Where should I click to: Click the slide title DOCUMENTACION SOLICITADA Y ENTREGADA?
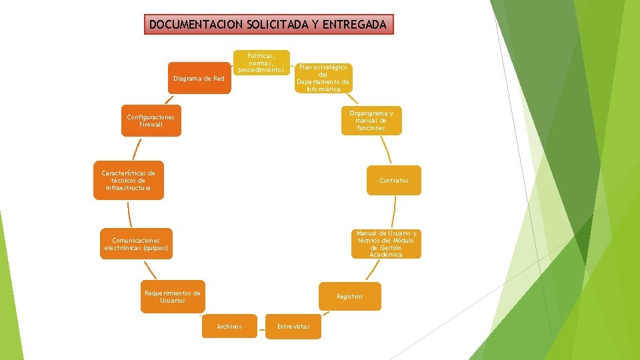tap(267, 25)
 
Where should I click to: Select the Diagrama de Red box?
tap(199, 79)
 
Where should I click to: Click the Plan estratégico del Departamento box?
tap(323, 78)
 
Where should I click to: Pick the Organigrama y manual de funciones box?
tap(371, 120)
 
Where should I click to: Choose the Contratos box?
tap(394, 180)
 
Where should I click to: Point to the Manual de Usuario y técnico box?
tap(386, 244)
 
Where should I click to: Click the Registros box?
tap(350, 296)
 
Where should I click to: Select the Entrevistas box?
tap(293, 326)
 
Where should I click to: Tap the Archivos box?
tap(229, 326)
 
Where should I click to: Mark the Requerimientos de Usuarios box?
tap(172, 297)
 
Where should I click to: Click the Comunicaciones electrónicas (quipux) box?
tap(136, 244)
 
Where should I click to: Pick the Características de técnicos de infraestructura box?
tap(128, 181)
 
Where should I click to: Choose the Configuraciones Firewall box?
tap(151, 121)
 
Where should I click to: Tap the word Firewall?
tap(151, 125)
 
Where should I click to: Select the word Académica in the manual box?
tap(386, 255)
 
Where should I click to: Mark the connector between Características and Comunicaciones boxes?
tap(129, 213)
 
